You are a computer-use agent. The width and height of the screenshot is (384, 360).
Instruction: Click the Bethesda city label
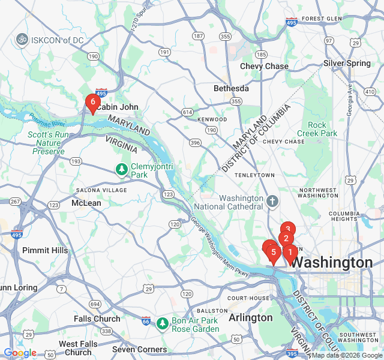(x=231, y=88)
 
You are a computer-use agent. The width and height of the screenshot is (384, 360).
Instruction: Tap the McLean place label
(x=86, y=203)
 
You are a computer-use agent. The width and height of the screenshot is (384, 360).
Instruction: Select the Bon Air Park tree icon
(x=162, y=324)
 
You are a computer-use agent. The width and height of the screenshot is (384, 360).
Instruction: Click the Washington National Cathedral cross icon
(x=272, y=200)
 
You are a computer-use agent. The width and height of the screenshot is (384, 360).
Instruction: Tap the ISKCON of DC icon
(x=22, y=40)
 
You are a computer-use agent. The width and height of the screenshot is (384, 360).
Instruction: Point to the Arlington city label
(x=251, y=317)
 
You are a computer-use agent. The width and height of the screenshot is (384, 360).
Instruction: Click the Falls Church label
(x=97, y=319)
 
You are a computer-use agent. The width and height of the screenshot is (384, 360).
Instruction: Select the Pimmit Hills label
(x=45, y=250)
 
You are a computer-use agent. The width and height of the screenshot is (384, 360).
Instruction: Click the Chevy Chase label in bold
(x=264, y=66)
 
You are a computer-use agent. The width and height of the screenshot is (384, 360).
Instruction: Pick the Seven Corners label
(x=139, y=349)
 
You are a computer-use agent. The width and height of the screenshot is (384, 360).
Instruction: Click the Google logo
(x=20, y=353)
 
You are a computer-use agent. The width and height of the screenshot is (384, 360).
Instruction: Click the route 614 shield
(x=188, y=112)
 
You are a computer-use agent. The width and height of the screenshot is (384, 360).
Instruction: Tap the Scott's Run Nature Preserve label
(x=49, y=143)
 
